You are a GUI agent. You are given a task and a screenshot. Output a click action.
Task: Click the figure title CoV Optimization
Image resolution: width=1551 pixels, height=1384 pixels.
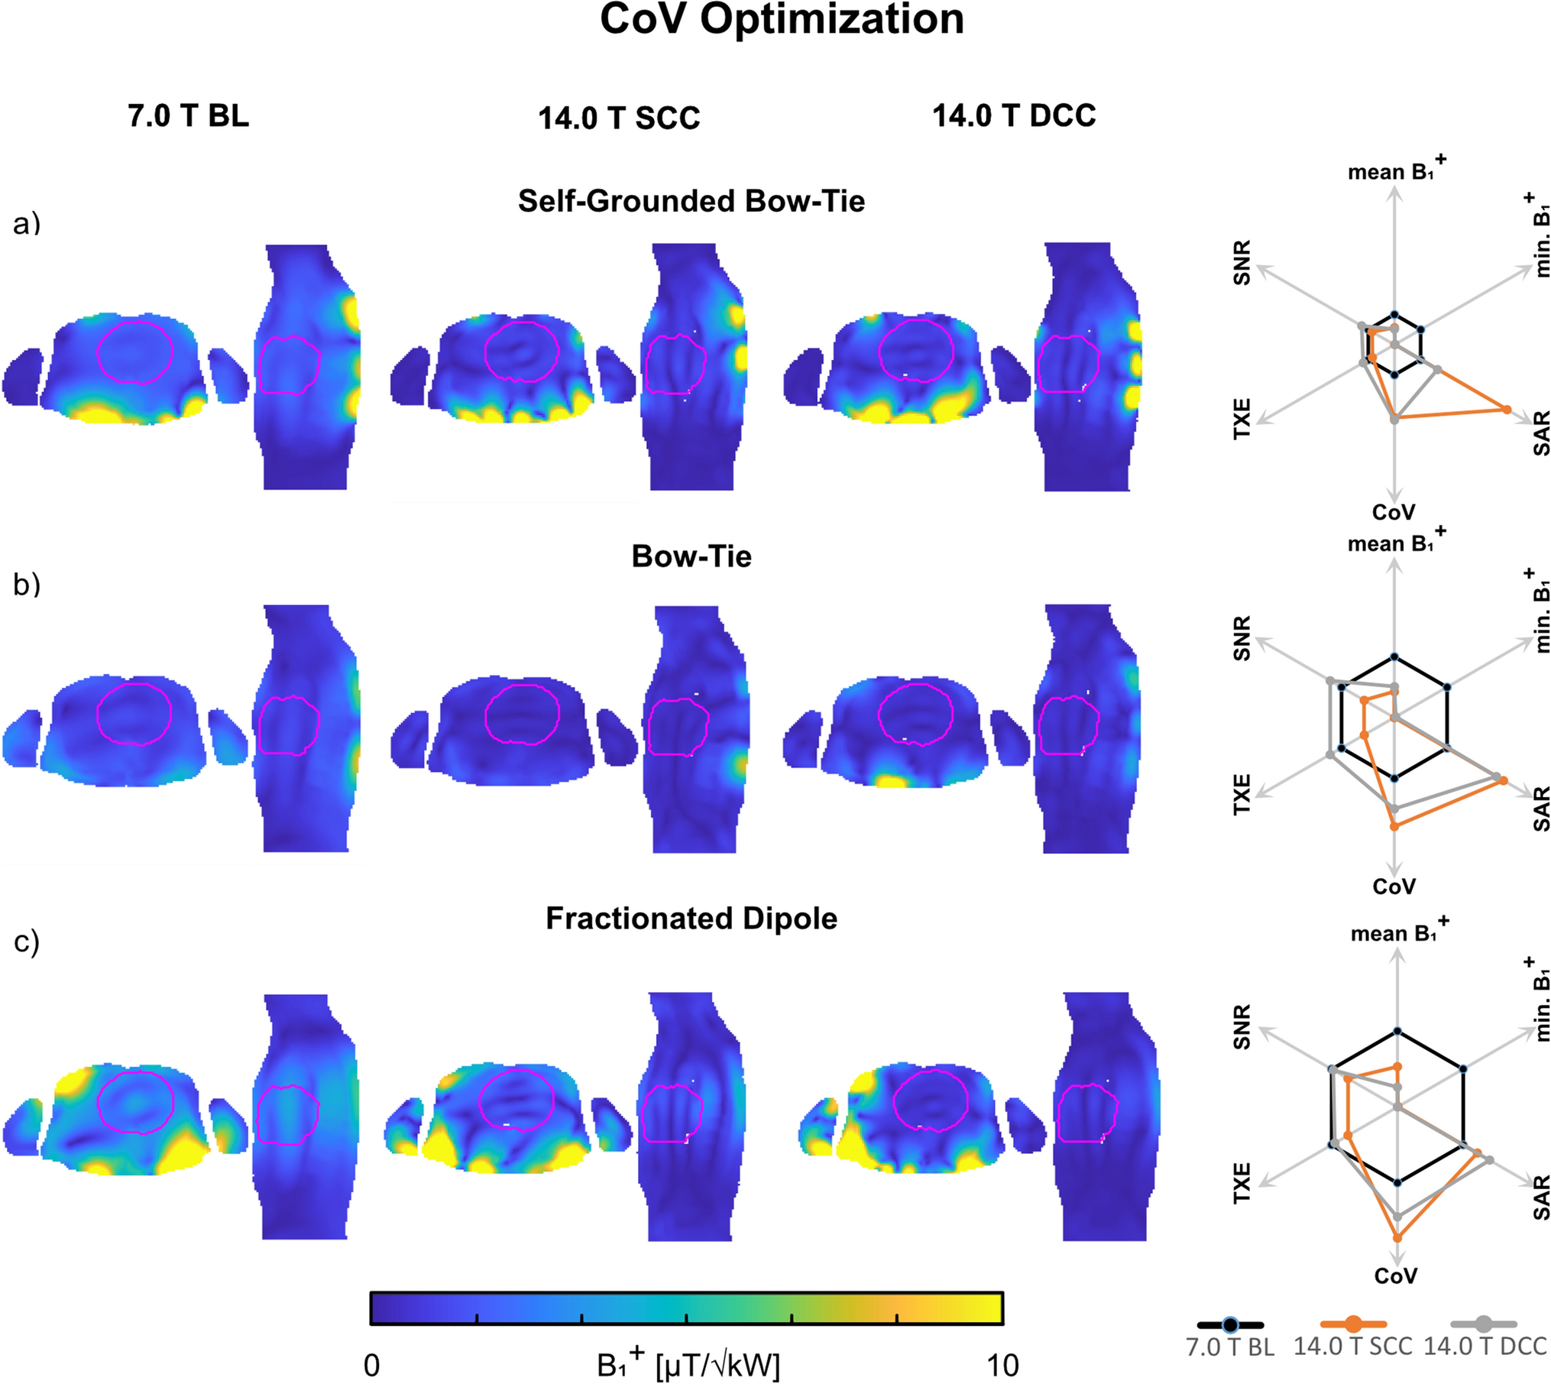781,20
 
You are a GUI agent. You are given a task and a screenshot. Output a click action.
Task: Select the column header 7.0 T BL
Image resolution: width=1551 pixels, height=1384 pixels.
188,116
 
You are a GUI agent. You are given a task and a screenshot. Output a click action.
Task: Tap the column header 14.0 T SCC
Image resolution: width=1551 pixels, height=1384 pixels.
619,118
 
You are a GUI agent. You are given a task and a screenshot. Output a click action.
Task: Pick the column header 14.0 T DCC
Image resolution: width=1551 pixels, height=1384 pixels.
1014,116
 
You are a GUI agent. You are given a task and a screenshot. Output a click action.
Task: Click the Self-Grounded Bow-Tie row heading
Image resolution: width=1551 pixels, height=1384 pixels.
691,201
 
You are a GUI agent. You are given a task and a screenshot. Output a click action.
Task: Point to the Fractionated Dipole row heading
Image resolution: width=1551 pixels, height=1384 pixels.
691,919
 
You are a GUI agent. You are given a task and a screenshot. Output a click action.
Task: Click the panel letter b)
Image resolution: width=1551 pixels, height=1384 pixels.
27,584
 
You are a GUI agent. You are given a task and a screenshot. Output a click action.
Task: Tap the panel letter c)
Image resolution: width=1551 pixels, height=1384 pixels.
27,942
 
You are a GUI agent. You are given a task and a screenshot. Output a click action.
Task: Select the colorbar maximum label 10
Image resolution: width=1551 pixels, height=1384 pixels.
1002,1366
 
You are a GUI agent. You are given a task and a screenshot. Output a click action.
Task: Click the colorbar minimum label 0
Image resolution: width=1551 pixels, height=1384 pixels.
371,1366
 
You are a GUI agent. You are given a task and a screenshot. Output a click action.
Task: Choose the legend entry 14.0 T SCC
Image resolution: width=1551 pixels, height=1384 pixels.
1352,1346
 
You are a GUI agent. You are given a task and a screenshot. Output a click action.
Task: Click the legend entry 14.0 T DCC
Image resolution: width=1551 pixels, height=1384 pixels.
1485,1346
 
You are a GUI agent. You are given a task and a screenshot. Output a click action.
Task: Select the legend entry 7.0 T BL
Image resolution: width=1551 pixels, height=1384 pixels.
1229,1346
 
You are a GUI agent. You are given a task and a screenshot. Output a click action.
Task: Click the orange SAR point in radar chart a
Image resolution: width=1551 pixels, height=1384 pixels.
1507,410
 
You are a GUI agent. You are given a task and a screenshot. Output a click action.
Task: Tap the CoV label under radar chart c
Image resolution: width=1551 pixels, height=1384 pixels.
1395,1275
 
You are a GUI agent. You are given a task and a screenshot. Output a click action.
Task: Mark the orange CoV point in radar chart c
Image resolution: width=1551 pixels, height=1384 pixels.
1397,1237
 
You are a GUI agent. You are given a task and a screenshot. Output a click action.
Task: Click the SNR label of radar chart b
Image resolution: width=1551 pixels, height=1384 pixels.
1243,639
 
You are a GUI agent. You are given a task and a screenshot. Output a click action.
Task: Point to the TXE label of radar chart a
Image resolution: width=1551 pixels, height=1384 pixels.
1243,418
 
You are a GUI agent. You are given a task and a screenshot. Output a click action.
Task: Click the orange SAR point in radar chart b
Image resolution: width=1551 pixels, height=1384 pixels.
1503,780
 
